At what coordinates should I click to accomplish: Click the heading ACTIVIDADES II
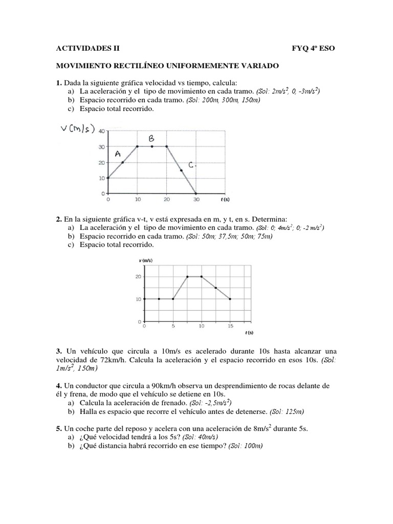click(x=87, y=49)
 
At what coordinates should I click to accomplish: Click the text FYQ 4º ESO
click(x=314, y=49)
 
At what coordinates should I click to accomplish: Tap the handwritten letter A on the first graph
click(x=118, y=154)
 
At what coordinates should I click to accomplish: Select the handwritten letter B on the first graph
click(x=151, y=139)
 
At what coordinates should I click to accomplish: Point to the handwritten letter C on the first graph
click(x=191, y=165)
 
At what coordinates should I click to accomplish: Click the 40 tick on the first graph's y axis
click(x=101, y=132)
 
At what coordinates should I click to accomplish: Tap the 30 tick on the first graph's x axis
click(x=196, y=201)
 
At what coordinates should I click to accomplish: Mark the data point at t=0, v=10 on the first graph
click(x=108, y=178)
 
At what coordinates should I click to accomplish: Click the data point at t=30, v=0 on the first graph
click(x=196, y=193)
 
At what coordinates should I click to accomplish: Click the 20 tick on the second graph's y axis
click(x=138, y=277)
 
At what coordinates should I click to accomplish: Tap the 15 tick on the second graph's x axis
click(x=231, y=325)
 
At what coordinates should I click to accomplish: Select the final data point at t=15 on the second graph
click(x=230, y=299)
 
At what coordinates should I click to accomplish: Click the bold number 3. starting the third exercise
click(x=59, y=352)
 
